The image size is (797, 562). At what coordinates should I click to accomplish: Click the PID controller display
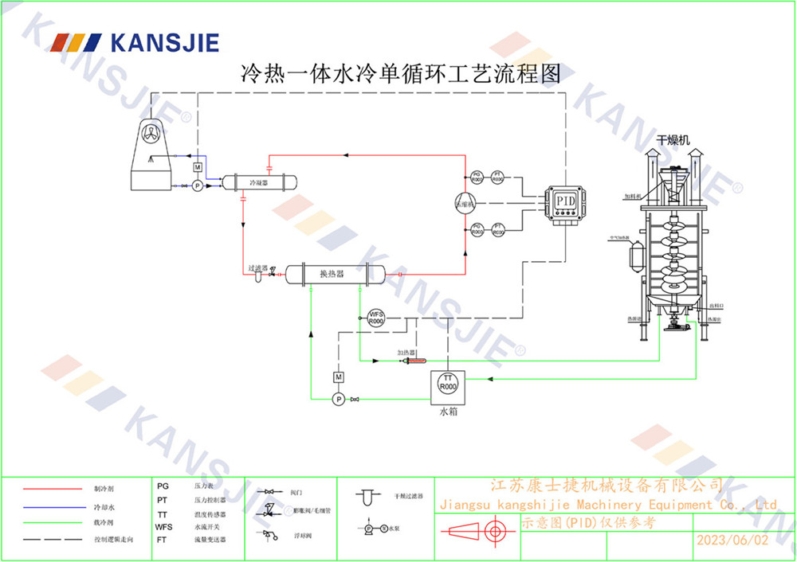[564, 199]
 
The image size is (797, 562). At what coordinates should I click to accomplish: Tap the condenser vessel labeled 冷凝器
[258, 181]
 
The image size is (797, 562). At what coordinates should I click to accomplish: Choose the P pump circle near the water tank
[338, 398]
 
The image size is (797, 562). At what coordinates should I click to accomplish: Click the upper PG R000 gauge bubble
[476, 177]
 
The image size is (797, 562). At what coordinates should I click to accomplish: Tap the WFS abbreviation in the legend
[163, 527]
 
